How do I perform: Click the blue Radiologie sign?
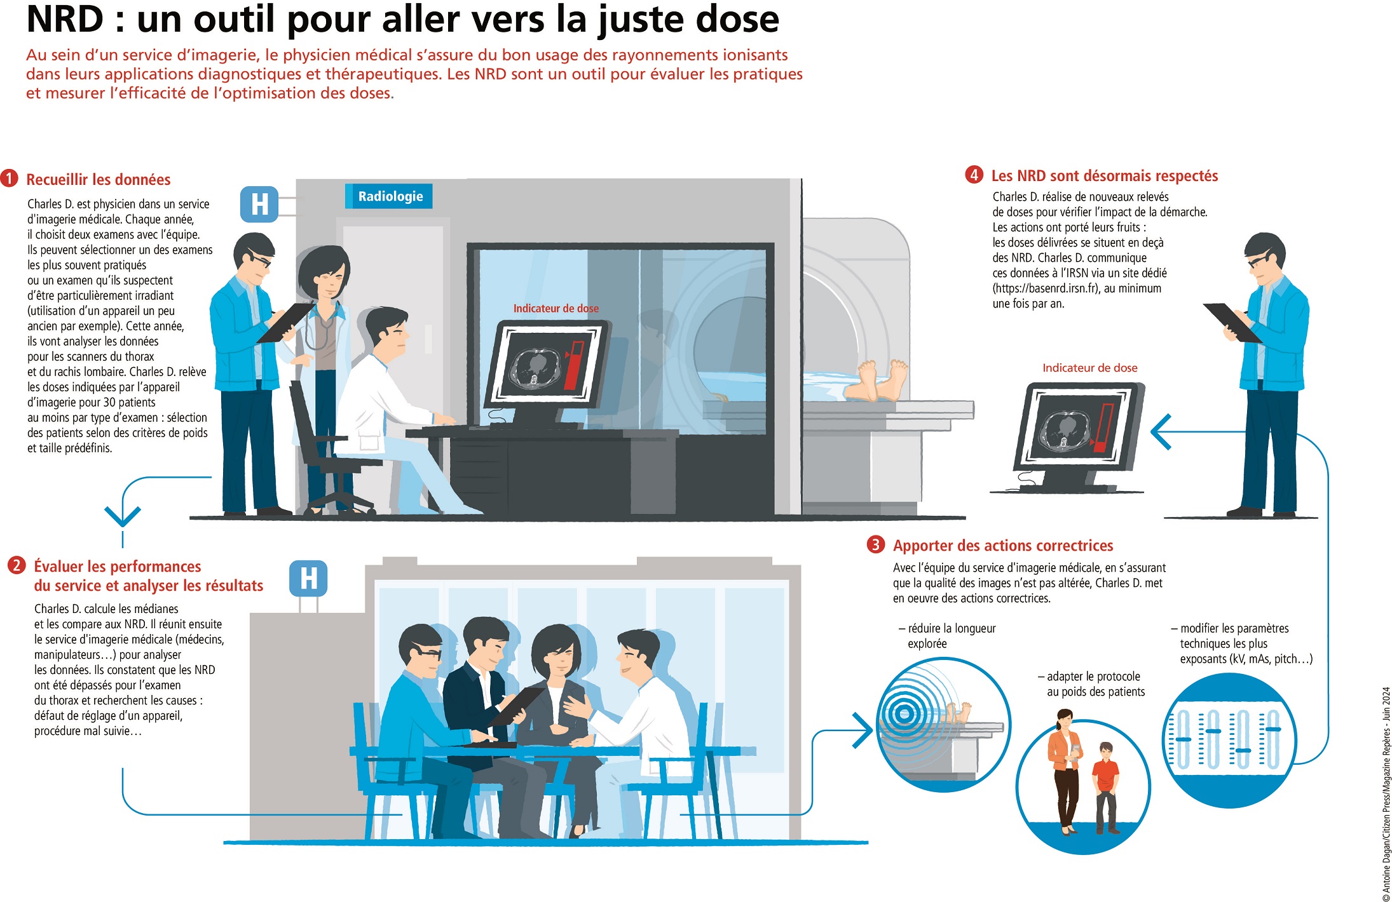tap(388, 196)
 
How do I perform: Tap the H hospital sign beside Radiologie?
tap(259, 205)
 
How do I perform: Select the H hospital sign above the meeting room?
tap(308, 579)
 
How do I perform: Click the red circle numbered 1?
tap(10, 178)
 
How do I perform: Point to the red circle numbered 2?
tap(17, 565)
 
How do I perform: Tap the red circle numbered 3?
tap(876, 544)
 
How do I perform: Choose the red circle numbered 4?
tap(974, 175)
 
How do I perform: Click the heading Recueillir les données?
tap(99, 180)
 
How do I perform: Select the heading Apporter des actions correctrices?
tap(1003, 546)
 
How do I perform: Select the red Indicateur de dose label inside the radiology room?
tap(556, 309)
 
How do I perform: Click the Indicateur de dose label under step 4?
tap(1090, 368)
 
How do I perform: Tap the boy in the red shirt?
tap(1106, 787)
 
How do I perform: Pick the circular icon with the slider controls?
tap(1231, 741)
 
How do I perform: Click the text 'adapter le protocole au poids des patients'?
tap(1092, 684)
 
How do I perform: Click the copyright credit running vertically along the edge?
tap(1386, 794)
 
